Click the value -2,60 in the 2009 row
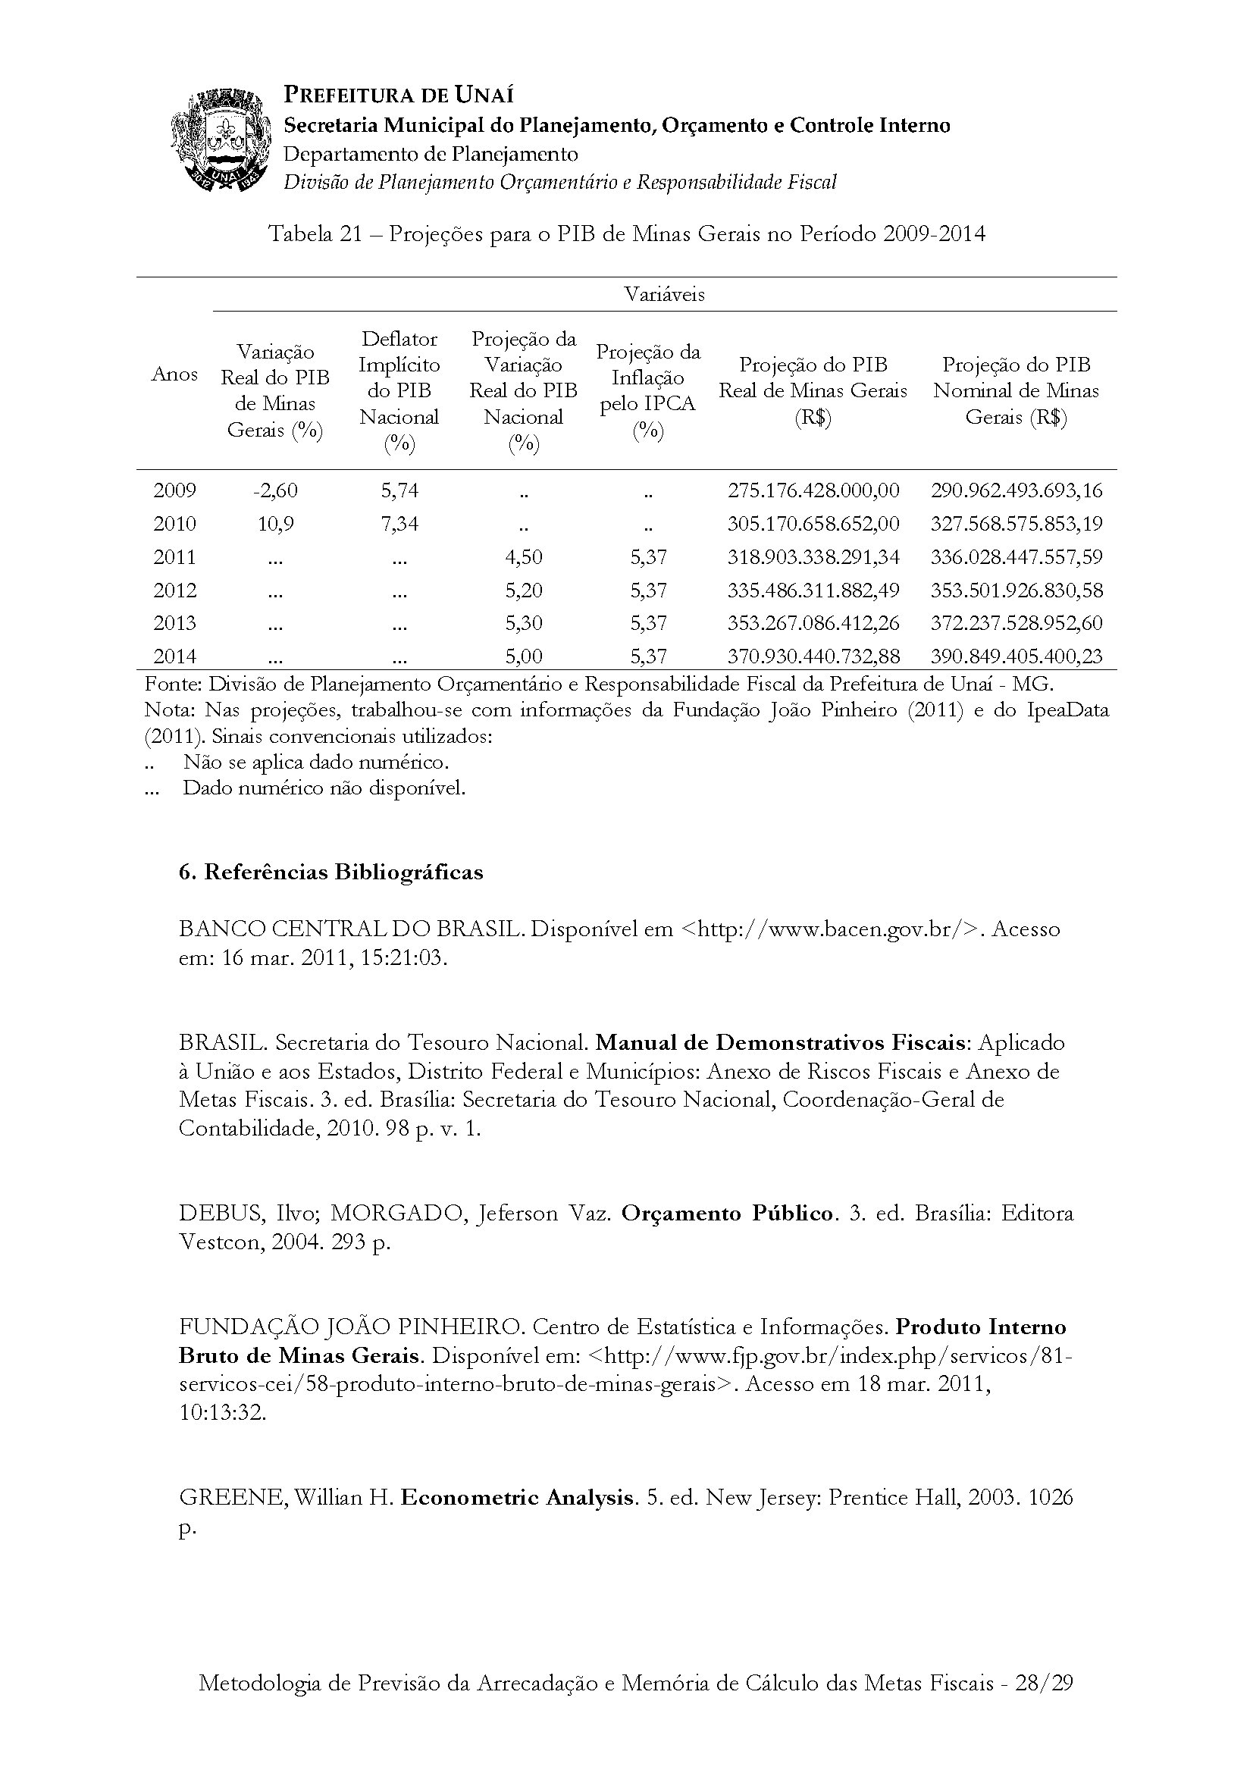(x=275, y=490)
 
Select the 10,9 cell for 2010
(x=276, y=524)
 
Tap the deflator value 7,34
(x=399, y=524)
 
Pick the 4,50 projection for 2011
(x=524, y=557)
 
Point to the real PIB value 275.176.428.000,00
(x=813, y=490)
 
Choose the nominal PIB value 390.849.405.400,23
(x=1016, y=656)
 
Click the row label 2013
(x=174, y=623)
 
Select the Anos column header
(x=174, y=374)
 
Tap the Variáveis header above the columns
(x=664, y=294)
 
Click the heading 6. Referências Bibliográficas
(x=330, y=872)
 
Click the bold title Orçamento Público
(x=727, y=1213)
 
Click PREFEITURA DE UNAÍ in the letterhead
(x=399, y=95)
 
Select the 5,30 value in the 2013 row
(x=524, y=623)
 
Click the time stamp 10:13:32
(x=222, y=1412)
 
